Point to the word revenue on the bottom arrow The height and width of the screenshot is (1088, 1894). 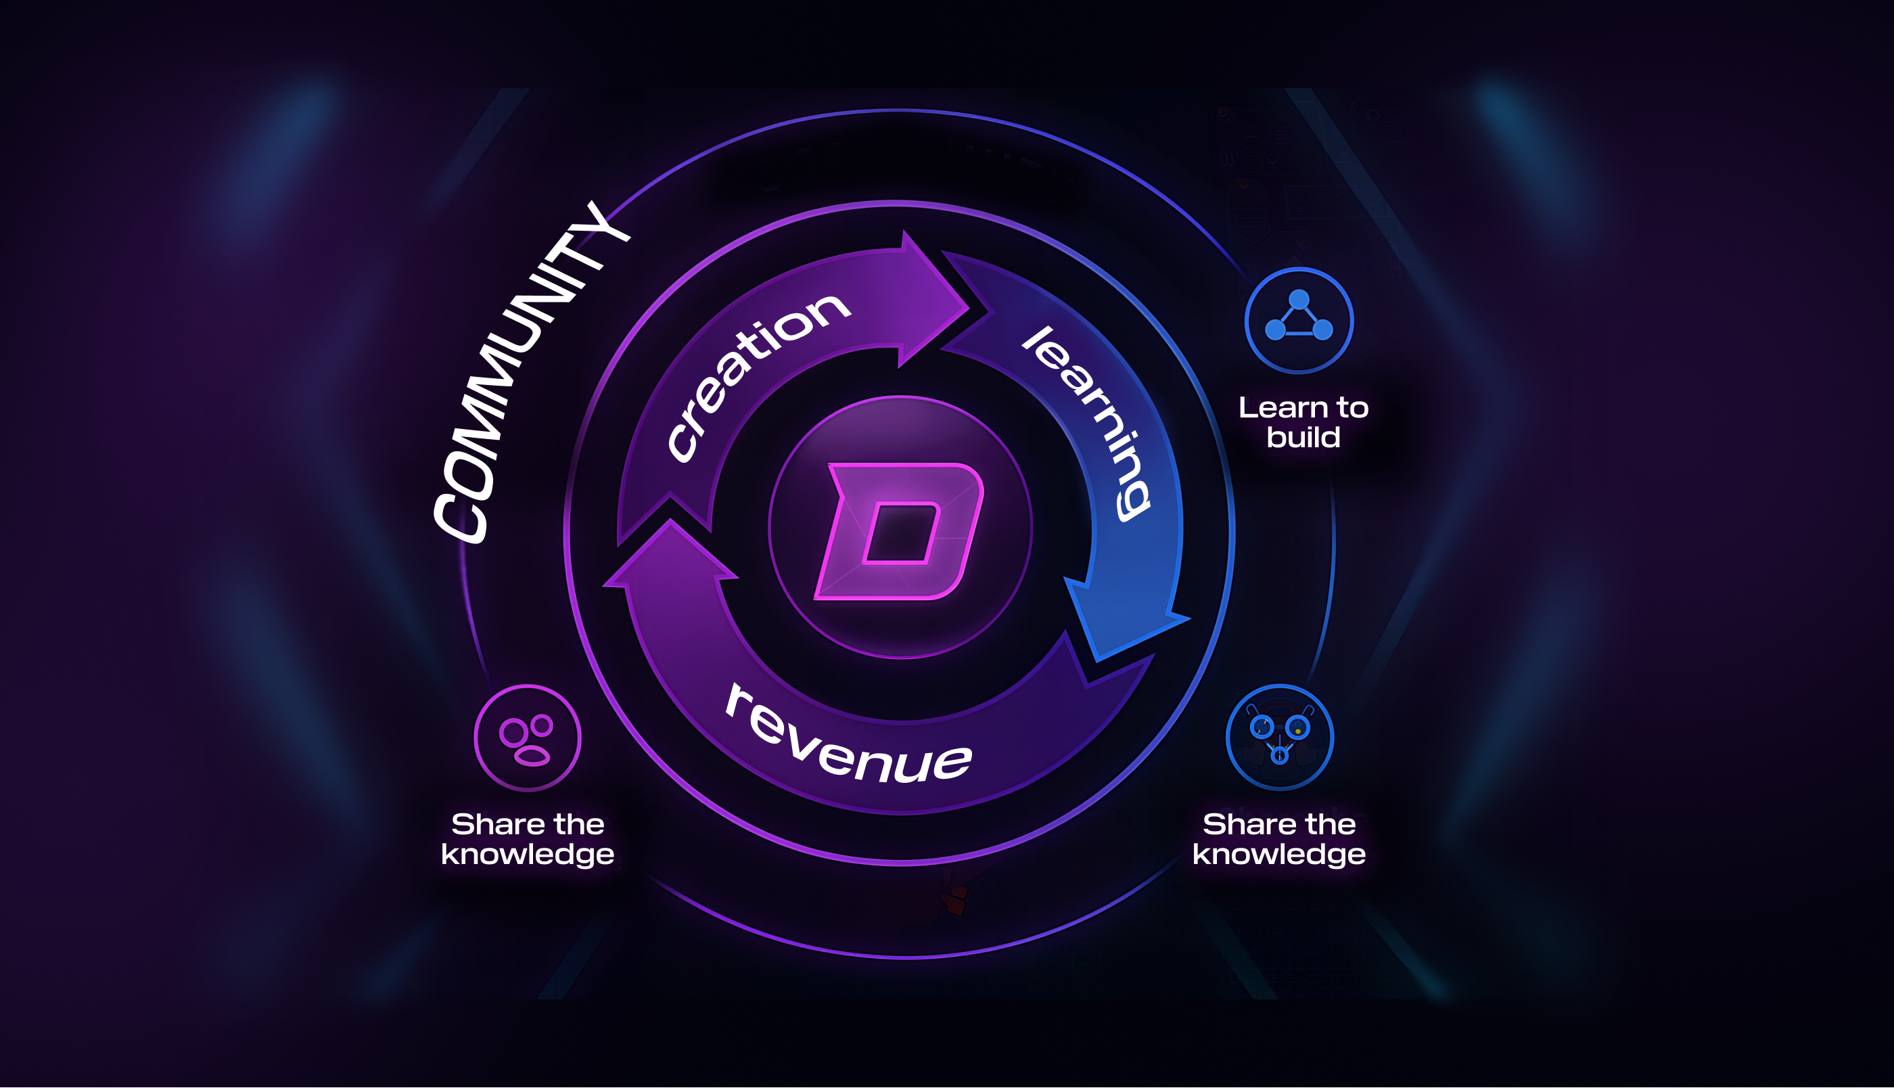click(x=848, y=736)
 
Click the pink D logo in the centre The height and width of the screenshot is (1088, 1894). click(x=900, y=530)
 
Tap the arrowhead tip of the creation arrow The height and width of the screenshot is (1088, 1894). click(x=968, y=307)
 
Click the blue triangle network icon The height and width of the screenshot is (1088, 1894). click(x=1299, y=321)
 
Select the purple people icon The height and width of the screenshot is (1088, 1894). click(x=527, y=738)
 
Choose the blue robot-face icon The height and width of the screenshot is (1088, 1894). click(x=1279, y=738)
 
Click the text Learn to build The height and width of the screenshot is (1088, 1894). click(x=1303, y=422)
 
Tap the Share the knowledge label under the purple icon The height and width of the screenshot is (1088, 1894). click(x=527, y=839)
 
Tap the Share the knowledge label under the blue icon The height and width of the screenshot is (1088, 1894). click(x=1278, y=839)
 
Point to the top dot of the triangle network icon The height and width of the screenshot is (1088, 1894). click(x=1299, y=300)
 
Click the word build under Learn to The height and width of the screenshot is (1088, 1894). click(x=1303, y=437)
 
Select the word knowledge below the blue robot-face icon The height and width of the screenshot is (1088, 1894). click(x=1278, y=854)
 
